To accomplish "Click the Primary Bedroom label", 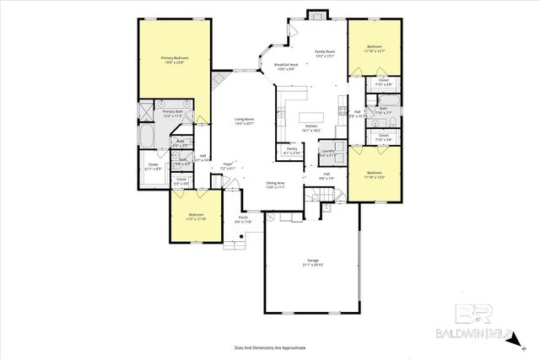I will (x=175, y=57).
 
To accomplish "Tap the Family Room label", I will (x=326, y=52).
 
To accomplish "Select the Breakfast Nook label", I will (x=286, y=65).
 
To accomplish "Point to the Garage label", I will (x=312, y=261).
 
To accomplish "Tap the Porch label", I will (x=243, y=218).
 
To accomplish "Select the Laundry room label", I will (x=327, y=150).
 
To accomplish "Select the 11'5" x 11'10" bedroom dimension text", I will (x=195, y=219).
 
